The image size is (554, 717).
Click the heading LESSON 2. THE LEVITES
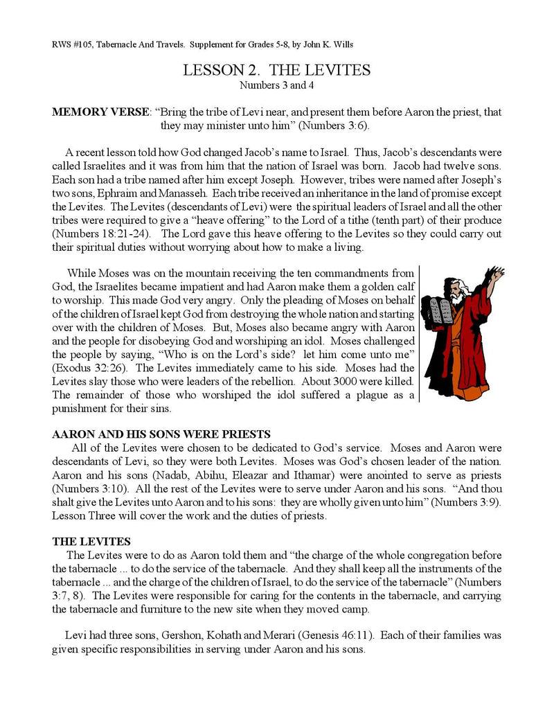pyautogui.click(x=276, y=70)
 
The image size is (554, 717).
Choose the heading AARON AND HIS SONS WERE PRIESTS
pyautogui.click(x=161, y=434)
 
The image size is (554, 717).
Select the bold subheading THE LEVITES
pyautogui.click(x=91, y=542)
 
